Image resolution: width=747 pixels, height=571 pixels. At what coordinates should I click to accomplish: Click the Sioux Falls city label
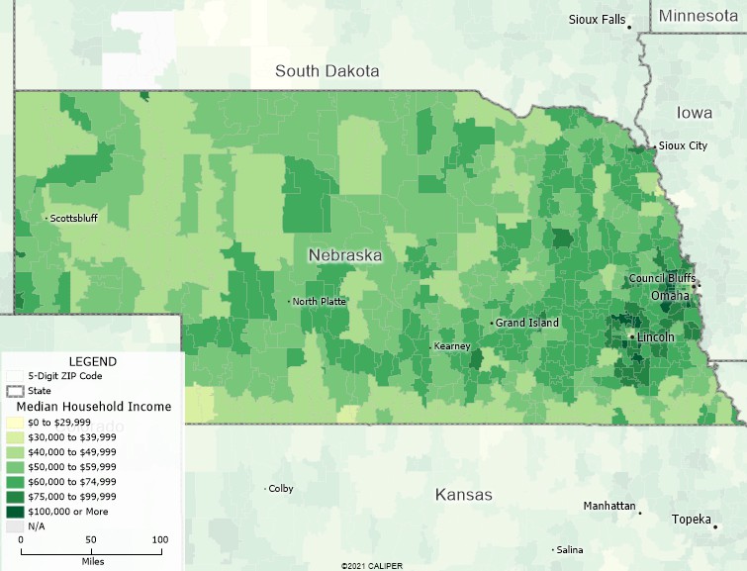pos(597,20)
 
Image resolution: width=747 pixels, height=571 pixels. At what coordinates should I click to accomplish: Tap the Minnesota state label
pos(699,16)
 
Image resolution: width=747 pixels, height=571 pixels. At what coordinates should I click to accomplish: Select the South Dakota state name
pos(327,71)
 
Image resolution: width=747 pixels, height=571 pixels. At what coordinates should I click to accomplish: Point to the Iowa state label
pos(695,113)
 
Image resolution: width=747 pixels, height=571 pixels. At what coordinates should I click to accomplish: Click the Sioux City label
pos(683,146)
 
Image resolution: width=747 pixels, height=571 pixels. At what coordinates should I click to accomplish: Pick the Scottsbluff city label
pos(74,219)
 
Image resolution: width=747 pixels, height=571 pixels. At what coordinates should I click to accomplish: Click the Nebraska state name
pos(344,255)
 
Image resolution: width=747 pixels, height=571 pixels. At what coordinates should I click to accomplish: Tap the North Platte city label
pos(320,302)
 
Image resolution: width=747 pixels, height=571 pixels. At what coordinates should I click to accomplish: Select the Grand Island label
pos(527,324)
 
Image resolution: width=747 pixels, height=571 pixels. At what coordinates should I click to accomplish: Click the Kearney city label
pos(451,346)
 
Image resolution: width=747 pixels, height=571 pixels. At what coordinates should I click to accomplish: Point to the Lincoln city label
pos(655,337)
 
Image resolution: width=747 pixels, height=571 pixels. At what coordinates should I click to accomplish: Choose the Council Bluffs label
pos(662,279)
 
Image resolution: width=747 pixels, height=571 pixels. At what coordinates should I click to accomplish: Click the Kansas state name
pos(463,495)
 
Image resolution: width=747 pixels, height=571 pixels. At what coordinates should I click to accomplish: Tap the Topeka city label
pos(692,520)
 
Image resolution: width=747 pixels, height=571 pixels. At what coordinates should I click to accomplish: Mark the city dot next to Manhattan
pos(640,513)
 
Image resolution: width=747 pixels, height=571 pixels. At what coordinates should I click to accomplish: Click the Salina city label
pos(570,550)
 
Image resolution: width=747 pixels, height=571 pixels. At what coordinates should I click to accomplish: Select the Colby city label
pos(281,489)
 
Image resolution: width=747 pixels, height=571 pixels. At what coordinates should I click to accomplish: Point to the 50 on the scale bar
pos(90,539)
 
